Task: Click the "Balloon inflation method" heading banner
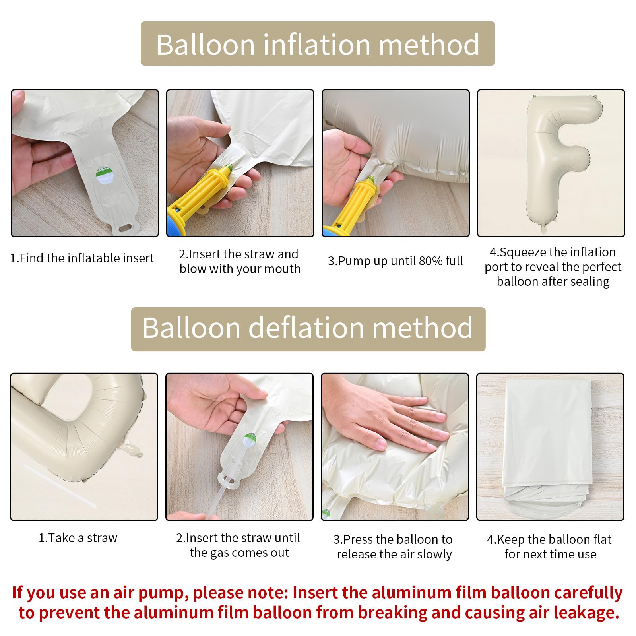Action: pyautogui.click(x=318, y=44)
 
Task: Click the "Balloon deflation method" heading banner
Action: pyautogui.click(x=308, y=329)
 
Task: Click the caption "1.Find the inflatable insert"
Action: pyautogui.click(x=82, y=258)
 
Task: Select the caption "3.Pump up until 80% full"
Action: pyautogui.click(x=395, y=261)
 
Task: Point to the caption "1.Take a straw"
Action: pyautogui.click(x=78, y=538)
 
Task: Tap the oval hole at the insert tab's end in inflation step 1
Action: pyautogui.click(x=126, y=227)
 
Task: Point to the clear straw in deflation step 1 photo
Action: pyautogui.click(x=60, y=485)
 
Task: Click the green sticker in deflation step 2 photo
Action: pyautogui.click(x=250, y=439)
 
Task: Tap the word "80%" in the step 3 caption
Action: pyautogui.click(x=431, y=261)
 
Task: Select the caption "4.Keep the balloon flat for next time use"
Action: pyautogui.click(x=550, y=547)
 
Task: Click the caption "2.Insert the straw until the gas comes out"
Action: pyautogui.click(x=238, y=545)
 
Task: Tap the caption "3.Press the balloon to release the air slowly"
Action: pyautogui.click(x=394, y=547)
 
